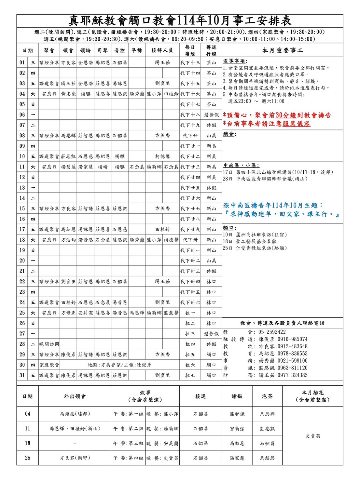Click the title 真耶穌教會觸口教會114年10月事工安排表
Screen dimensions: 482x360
click(x=180, y=21)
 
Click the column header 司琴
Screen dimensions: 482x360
click(x=103, y=50)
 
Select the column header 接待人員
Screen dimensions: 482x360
click(x=162, y=50)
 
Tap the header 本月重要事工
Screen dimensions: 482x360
click(x=282, y=50)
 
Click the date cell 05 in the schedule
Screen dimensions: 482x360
click(x=22, y=104)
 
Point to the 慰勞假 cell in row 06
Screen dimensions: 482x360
click(x=211, y=115)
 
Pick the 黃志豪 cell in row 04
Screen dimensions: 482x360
click(x=68, y=94)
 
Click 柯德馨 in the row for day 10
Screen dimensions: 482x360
click(x=162, y=156)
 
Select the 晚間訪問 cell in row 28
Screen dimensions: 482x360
click(x=49, y=344)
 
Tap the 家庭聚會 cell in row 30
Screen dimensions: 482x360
click(x=49, y=365)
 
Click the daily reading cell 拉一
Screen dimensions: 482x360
click(x=190, y=313)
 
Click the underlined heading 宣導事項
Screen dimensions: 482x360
click(x=235, y=61)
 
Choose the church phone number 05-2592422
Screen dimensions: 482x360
click(x=272, y=332)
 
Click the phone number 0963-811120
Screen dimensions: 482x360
click(x=292, y=368)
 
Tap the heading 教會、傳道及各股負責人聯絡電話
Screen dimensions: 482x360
click(x=282, y=323)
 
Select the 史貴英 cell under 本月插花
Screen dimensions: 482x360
click(x=313, y=436)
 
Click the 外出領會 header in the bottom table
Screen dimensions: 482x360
click(x=75, y=396)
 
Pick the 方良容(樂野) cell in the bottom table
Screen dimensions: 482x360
click(x=75, y=458)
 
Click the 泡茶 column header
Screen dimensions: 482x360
click(x=267, y=396)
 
